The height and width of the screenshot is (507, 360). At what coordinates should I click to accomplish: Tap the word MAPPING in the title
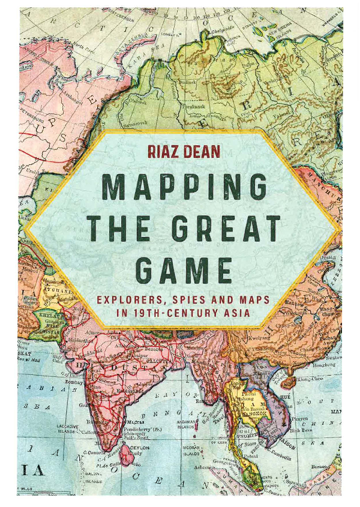click(182, 187)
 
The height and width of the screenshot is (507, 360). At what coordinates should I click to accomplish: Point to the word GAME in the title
click(183, 271)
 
